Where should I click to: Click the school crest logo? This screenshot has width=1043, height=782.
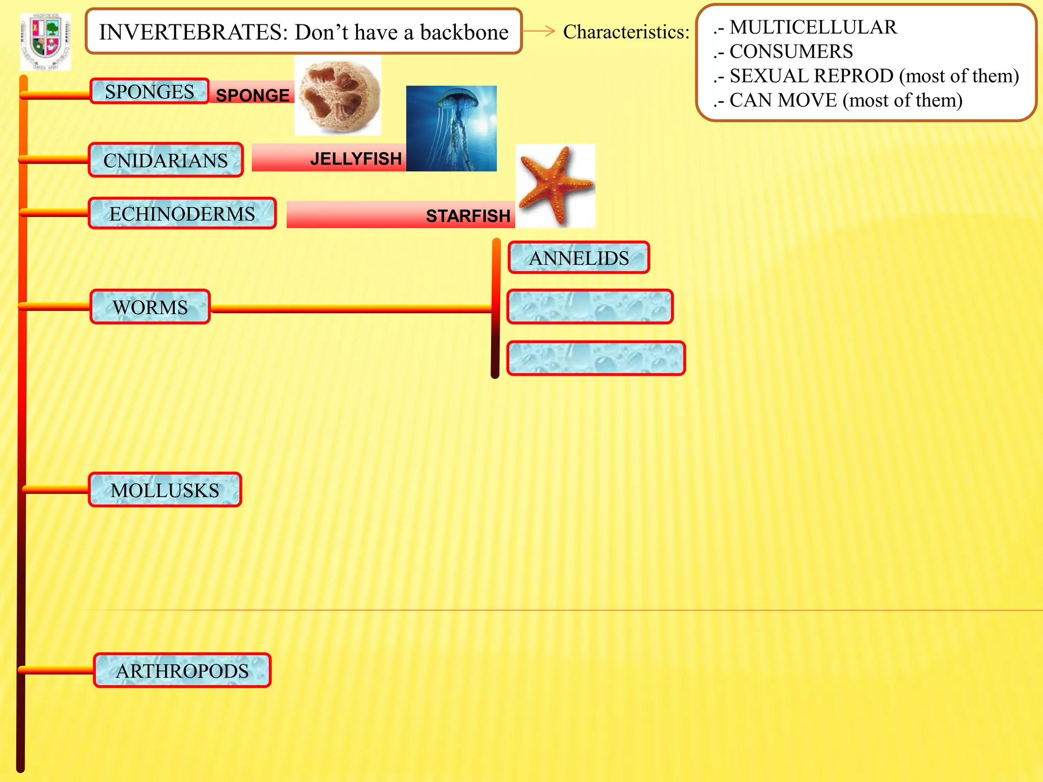click(45, 42)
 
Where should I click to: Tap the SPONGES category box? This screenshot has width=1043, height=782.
click(149, 92)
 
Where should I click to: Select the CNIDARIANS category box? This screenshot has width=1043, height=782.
click(166, 160)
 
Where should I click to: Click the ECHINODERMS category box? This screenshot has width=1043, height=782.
click(182, 214)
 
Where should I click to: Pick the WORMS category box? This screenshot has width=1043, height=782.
click(150, 307)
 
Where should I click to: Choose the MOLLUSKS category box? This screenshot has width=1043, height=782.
click(165, 490)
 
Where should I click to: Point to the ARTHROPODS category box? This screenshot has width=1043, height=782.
click(182, 671)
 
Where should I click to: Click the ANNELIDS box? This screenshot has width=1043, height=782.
click(579, 258)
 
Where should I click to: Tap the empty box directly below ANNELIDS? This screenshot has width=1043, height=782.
click(590, 307)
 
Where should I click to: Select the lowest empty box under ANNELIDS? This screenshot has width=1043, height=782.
click(596, 358)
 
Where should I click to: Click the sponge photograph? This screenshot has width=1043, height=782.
click(338, 96)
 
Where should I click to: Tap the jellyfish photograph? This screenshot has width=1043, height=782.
click(451, 128)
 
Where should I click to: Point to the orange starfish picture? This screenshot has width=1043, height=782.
click(555, 185)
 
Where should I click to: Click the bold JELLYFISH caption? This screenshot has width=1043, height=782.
click(356, 159)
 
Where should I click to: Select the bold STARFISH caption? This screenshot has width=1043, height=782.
click(468, 216)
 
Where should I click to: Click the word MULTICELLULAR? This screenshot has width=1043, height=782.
click(813, 27)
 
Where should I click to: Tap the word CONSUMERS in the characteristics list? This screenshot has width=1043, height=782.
click(791, 51)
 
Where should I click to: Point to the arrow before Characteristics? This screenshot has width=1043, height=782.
click(539, 31)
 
